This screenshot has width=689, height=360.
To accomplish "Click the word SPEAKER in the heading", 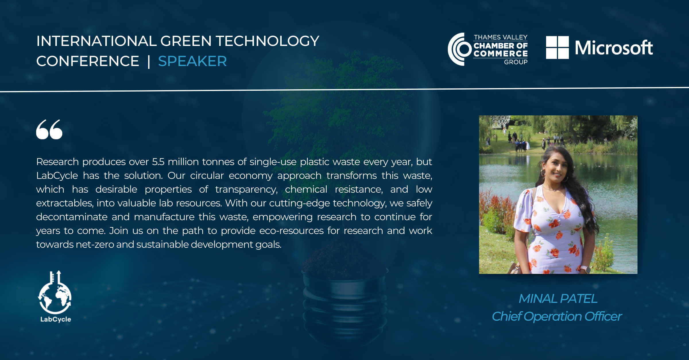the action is click(192, 61).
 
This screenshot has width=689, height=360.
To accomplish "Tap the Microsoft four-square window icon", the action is click(557, 47).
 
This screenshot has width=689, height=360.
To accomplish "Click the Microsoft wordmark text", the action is click(614, 48).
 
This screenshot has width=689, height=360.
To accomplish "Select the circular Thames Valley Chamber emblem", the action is click(459, 49).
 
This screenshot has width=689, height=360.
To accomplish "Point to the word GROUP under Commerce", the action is click(516, 62).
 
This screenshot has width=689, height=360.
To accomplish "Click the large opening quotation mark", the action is click(49, 129).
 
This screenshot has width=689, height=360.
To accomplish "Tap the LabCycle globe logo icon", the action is click(55, 292).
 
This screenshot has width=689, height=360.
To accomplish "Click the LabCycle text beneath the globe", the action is click(56, 319).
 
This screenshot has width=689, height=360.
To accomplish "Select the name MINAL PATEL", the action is click(558, 299).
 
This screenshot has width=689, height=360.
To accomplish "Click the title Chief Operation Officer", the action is click(557, 316).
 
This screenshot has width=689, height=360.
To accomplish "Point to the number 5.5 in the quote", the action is click(158, 162).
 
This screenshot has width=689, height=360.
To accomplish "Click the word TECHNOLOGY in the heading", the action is click(268, 41).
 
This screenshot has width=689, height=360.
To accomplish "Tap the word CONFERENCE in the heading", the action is click(88, 61).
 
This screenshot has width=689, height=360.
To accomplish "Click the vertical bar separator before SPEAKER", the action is click(149, 61).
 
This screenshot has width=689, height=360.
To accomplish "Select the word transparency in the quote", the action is click(246, 189).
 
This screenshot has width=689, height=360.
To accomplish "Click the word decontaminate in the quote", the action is click(72, 217).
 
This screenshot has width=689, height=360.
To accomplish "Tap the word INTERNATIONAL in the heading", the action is click(96, 41).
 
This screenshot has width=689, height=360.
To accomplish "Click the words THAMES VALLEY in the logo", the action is click(501, 37).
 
